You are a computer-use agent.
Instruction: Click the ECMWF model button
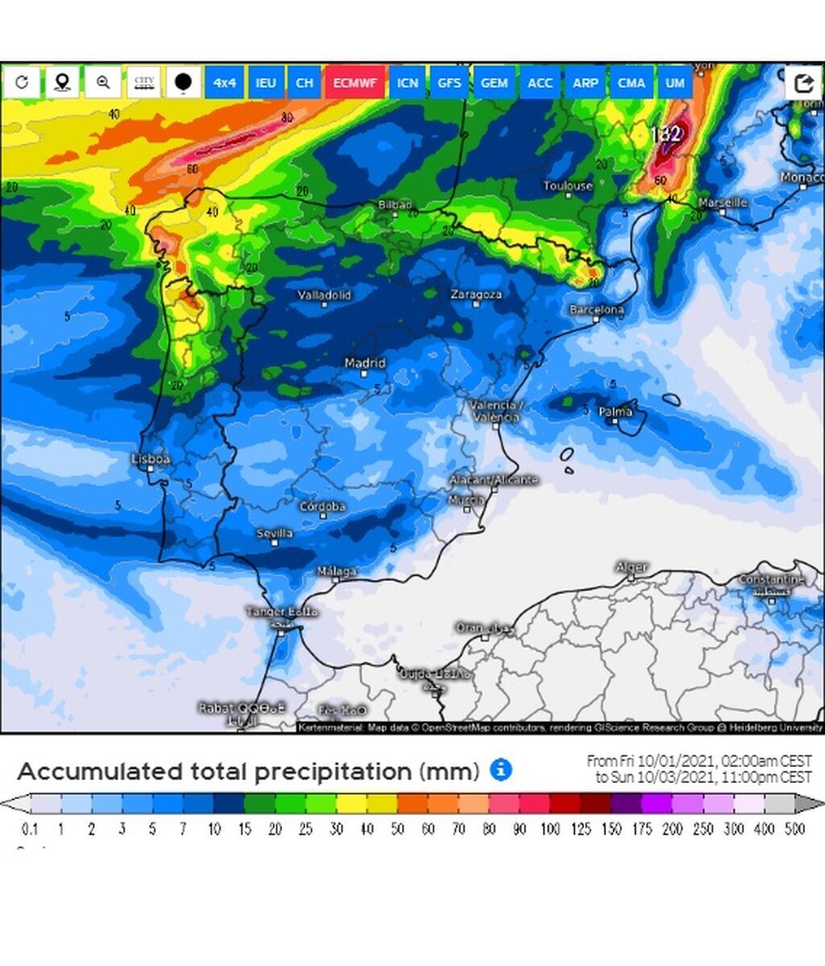(355, 83)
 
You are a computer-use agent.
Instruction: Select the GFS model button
(450, 83)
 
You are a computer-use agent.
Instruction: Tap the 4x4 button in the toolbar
(225, 83)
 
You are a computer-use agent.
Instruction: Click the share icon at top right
(803, 83)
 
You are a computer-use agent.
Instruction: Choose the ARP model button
(586, 83)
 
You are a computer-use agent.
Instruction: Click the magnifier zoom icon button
(103, 82)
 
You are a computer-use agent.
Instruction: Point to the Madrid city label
(365, 364)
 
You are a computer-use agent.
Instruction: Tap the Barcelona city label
(596, 310)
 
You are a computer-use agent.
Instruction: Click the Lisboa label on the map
(151, 459)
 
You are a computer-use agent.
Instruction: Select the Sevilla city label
(275, 533)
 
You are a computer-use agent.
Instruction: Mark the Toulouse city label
(568, 186)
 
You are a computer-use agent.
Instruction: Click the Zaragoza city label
(476, 294)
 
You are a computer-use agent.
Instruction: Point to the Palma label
(616, 412)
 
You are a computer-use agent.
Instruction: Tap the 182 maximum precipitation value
(665, 134)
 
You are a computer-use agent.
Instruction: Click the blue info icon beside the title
(501, 770)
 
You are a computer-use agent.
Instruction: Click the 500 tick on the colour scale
(795, 830)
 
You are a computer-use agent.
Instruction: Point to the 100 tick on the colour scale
(549, 830)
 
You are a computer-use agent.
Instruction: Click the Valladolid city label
(325, 295)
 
